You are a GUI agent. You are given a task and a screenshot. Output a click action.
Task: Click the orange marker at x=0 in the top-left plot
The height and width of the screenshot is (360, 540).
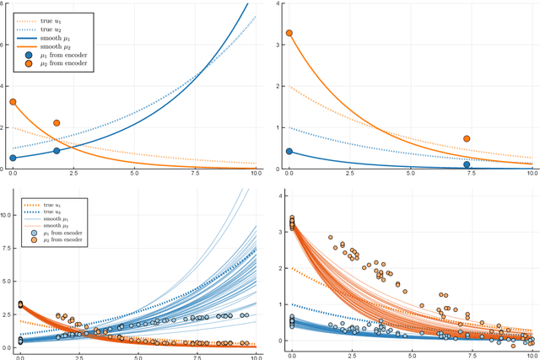click(13, 102)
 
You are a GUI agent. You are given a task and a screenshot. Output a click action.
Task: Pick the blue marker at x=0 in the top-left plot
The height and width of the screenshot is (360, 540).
click(13, 158)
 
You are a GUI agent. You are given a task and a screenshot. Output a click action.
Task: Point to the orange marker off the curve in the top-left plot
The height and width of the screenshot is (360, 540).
click(57, 123)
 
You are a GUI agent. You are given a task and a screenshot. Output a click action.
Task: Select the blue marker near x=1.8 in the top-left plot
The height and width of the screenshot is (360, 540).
click(57, 151)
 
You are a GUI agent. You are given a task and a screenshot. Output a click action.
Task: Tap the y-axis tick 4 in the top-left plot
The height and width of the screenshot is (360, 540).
click(4, 86)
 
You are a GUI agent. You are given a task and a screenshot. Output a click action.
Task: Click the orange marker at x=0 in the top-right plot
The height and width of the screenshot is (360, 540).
click(289, 34)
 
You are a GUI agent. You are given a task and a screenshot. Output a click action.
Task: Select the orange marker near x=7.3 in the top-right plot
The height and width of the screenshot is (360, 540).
click(467, 139)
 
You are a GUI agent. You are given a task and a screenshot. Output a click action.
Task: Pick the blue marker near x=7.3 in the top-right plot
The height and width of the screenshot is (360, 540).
click(467, 164)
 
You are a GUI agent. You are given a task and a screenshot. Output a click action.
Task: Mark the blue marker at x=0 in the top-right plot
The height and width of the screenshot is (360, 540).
click(289, 152)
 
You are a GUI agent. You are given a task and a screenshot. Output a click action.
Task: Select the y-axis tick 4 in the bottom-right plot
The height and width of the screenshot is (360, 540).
click(281, 196)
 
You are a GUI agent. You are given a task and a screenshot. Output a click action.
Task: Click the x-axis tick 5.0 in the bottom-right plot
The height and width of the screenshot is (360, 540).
click(410, 354)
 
